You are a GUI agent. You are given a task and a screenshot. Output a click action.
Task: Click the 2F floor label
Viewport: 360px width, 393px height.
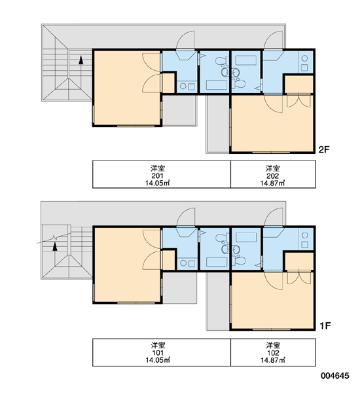tap(324, 149)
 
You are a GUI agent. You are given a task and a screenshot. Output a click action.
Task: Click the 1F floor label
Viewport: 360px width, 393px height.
tap(325, 326)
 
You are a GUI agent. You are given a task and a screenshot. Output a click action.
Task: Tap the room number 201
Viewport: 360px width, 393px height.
tap(158, 176)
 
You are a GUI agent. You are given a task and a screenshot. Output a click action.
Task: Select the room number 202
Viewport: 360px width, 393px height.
tap(273, 176)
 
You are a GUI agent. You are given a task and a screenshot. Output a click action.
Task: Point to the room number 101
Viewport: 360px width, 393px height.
tap(158, 353)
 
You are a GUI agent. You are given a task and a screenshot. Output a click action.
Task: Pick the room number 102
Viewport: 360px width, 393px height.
tap(273, 353)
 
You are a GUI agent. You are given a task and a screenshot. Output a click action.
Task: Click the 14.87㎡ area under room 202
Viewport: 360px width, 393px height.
tap(273, 183)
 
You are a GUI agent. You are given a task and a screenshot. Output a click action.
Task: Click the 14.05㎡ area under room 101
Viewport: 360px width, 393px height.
tap(158, 360)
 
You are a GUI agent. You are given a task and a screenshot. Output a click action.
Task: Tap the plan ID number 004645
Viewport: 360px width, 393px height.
tap(335, 376)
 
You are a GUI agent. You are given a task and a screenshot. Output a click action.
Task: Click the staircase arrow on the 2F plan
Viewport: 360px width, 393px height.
tap(81, 73)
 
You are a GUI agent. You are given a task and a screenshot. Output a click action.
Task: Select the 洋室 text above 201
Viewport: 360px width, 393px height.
tap(158, 168)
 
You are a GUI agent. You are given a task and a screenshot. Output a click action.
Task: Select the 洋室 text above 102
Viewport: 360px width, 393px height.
tap(273, 345)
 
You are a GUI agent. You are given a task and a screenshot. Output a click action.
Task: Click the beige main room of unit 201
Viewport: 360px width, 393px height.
tap(127, 88)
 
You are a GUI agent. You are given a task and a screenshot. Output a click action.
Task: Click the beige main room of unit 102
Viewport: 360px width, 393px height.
tap(272, 300)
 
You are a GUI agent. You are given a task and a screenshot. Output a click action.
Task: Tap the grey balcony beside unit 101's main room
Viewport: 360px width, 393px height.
tap(179, 288)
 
